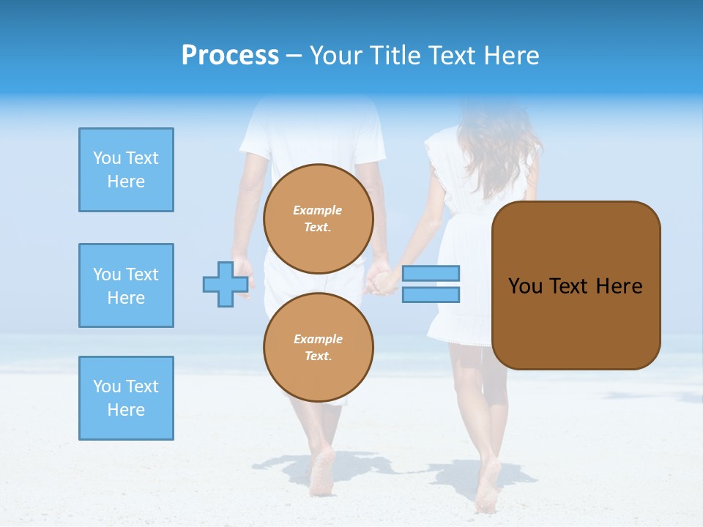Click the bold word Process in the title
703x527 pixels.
click(x=230, y=56)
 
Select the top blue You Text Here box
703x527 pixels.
click(x=126, y=170)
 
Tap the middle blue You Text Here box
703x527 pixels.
click(x=126, y=285)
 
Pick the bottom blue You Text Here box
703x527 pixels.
click(x=126, y=398)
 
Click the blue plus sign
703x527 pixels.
click(x=225, y=284)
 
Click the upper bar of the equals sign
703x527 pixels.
click(x=431, y=273)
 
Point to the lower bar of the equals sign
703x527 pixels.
click(x=431, y=295)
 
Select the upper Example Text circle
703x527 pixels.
click(x=319, y=219)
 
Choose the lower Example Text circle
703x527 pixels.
click(x=319, y=348)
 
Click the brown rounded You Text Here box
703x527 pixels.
click(x=576, y=285)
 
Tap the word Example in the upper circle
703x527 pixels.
click(x=318, y=210)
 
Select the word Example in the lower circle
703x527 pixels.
click(x=318, y=339)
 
